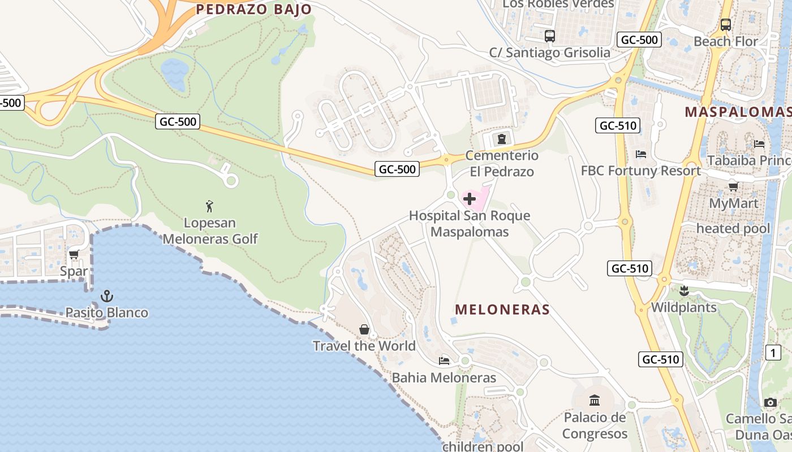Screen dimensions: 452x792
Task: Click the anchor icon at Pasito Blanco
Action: click(x=106, y=295)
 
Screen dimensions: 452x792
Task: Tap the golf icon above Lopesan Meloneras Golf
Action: click(x=210, y=206)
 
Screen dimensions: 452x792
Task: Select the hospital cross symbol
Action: click(x=470, y=199)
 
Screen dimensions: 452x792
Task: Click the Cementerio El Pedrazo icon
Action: click(x=501, y=139)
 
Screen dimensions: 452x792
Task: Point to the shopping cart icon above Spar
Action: click(x=74, y=255)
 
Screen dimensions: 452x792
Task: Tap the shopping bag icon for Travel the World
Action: click(x=364, y=329)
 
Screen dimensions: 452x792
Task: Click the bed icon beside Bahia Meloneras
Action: click(x=444, y=360)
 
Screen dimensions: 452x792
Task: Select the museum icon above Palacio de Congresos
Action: click(x=595, y=401)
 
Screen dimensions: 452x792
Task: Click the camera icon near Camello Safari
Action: click(x=771, y=402)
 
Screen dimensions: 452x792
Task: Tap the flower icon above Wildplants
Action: click(x=684, y=291)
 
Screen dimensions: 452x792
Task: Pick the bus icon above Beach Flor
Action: click(x=726, y=25)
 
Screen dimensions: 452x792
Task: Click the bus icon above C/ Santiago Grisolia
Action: click(x=549, y=36)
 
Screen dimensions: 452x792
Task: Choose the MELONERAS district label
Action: click(x=502, y=309)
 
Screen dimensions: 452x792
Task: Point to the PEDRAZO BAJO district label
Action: click(x=253, y=9)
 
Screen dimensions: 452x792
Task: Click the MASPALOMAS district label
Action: click(x=738, y=112)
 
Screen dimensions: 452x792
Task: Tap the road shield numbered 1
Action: click(x=773, y=353)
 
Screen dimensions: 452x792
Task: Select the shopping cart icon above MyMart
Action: click(x=733, y=186)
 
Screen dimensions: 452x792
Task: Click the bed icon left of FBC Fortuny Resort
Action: click(x=641, y=154)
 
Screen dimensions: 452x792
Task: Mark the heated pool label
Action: click(x=733, y=228)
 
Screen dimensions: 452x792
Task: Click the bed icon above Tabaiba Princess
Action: click(x=759, y=144)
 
